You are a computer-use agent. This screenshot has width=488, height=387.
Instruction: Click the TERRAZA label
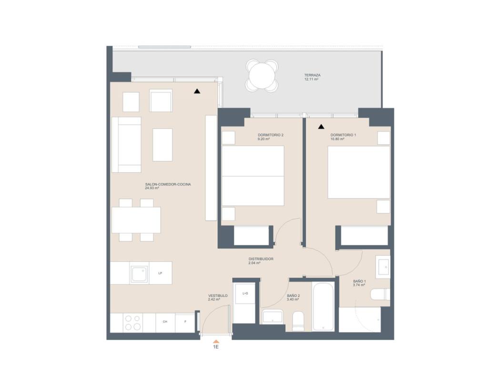tap(312, 75)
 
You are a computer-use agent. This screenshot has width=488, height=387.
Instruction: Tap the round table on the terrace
tap(262, 76)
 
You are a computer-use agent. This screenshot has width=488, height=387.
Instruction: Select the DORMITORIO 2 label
tap(270, 135)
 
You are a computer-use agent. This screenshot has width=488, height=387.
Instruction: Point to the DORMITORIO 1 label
tap(343, 135)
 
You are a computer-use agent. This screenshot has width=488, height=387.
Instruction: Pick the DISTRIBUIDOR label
tap(261, 259)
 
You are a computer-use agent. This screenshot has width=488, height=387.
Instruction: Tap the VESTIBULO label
tap(217, 295)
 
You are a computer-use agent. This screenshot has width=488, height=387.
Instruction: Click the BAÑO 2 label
tap(293, 295)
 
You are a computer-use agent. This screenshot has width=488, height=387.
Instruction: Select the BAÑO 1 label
tap(359, 281)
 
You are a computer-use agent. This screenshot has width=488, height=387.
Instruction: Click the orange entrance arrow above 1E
tap(216, 341)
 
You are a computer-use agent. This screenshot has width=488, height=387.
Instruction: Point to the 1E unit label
tap(215, 347)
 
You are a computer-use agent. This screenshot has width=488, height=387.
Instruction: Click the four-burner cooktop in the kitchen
tap(132, 323)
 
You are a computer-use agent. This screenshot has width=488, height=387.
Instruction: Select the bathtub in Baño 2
tap(324, 307)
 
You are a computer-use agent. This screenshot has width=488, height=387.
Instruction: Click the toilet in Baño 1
tap(380, 295)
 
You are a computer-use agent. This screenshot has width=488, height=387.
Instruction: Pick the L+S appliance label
tap(245, 293)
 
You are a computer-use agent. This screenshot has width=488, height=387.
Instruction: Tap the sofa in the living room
tap(126, 144)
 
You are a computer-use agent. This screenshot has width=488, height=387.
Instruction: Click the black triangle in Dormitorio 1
tap(321, 127)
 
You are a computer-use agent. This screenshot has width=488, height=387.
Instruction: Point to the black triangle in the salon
tap(197, 91)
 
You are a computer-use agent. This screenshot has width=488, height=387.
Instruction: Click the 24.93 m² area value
tap(152, 188)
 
